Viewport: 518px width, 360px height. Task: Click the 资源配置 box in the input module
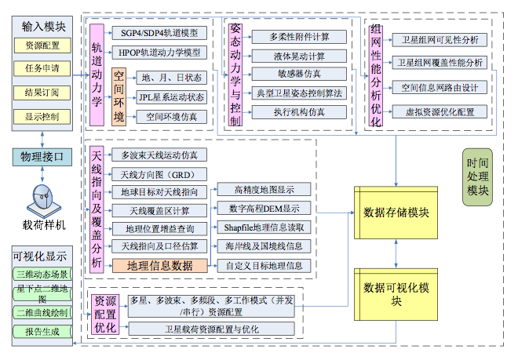42,45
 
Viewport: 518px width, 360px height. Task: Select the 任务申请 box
42,69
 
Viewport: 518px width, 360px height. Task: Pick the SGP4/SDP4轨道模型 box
159,33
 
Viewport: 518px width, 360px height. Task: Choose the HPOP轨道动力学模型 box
159,53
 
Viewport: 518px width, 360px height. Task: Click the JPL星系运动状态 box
171,97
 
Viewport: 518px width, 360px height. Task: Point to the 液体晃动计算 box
299,56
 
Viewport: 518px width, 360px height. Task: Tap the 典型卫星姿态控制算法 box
299,93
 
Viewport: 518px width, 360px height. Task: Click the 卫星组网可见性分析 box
440,39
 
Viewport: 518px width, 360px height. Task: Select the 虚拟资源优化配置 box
440,111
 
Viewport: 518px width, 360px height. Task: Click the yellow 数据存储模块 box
396,212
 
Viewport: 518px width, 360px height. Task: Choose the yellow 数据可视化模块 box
396,292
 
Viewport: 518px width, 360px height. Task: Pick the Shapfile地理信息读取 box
264,227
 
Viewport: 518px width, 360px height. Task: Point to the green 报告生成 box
42,332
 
